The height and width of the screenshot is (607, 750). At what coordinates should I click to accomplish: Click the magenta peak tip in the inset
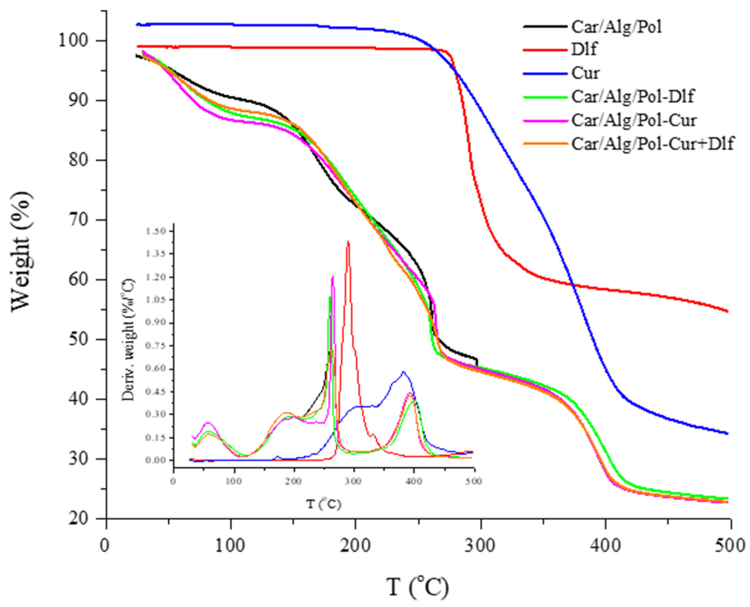(x=333, y=276)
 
